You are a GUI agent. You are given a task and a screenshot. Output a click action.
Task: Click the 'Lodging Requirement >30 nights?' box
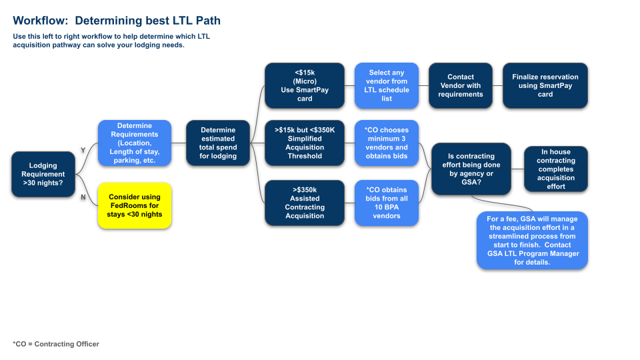(43, 174)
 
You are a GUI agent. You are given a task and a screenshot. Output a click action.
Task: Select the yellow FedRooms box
(135, 205)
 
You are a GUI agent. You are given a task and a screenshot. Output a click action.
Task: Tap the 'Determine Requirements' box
(135, 143)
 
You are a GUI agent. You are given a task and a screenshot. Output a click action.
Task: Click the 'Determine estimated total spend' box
(218, 143)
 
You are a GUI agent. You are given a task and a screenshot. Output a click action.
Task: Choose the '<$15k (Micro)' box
(305, 85)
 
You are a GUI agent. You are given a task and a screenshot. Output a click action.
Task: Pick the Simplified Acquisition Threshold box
(305, 143)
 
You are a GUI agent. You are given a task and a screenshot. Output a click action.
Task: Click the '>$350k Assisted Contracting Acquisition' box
(305, 203)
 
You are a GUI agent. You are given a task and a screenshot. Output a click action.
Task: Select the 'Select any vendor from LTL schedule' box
(387, 85)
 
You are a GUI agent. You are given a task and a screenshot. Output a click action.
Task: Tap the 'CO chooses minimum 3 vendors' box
(387, 143)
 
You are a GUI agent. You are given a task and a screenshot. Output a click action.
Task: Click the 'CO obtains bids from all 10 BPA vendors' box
(387, 203)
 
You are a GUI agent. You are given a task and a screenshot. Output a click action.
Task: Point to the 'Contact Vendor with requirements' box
(460, 85)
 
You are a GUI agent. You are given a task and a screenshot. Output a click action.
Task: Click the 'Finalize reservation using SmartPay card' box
(545, 85)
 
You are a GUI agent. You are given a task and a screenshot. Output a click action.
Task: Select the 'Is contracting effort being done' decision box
(471, 169)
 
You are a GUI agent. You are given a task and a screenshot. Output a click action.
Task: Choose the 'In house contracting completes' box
(556, 169)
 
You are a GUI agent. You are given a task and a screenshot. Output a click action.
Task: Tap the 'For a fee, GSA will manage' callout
(533, 239)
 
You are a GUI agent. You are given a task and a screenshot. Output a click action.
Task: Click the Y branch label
(83, 151)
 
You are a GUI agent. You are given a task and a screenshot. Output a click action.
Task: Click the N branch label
(83, 197)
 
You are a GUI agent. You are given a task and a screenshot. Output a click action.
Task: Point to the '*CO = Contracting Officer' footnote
(55, 344)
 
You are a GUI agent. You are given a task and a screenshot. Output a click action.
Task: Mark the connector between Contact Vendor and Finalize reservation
(497, 85)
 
